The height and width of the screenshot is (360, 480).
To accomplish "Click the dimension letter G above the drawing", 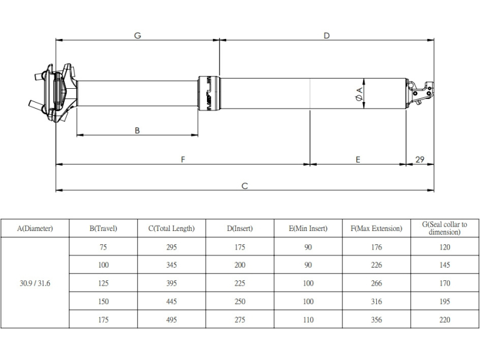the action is [137, 35].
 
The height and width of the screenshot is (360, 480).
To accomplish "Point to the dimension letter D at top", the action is [326, 35].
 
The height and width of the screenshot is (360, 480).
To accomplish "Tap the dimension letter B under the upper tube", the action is [137, 130].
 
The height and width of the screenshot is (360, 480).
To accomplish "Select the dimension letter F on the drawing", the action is [183, 160].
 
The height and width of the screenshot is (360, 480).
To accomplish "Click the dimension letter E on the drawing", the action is [358, 160].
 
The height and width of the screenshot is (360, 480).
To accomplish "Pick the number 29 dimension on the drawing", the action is [419, 160].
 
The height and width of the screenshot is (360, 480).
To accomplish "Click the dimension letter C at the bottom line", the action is [245, 186].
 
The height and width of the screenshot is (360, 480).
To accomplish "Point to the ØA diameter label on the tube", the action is [359, 94].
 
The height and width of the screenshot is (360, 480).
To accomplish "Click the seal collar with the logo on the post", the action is [209, 94].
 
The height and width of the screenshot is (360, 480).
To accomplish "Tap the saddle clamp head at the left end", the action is [53, 94].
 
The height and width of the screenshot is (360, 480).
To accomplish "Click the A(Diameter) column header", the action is [35, 229].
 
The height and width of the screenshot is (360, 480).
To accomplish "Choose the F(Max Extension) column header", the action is [376, 229].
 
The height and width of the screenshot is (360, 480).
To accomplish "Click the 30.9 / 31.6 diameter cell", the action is [35, 283].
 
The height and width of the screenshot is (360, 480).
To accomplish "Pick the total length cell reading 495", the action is [172, 320].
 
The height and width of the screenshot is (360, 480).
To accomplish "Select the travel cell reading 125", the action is [103, 283].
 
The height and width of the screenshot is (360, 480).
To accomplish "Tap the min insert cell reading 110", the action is [308, 320].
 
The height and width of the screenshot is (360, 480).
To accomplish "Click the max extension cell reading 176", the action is [376, 247].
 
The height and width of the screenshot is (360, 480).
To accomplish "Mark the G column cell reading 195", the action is [445, 302].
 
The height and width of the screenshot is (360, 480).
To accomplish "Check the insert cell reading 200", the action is [239, 265].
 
